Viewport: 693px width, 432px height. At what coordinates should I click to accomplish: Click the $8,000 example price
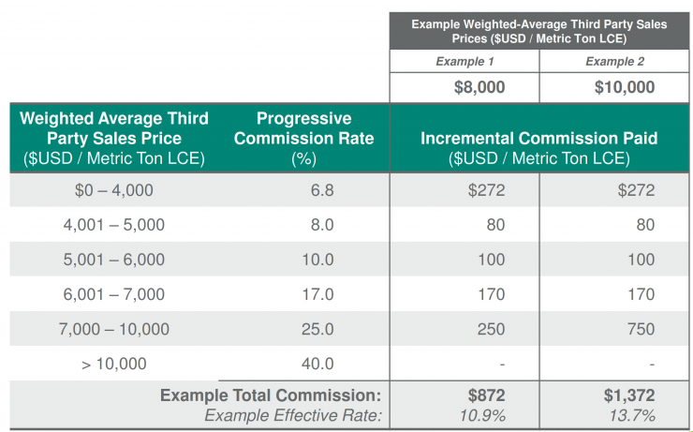(479, 87)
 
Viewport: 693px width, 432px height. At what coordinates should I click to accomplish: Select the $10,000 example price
(625, 87)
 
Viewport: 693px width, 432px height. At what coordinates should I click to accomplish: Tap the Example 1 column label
(464, 62)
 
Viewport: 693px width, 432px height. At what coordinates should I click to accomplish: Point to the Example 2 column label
(614, 62)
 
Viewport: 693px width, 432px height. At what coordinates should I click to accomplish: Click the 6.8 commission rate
(322, 190)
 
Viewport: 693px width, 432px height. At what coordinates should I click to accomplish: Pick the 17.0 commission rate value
(317, 294)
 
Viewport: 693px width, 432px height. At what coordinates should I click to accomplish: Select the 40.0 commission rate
(317, 364)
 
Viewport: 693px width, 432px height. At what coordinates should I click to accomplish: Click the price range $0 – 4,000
(114, 190)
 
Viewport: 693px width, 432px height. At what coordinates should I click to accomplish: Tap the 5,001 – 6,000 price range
(114, 260)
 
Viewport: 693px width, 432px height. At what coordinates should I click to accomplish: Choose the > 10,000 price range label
(114, 364)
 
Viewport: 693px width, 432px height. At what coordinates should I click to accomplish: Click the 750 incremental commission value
(641, 329)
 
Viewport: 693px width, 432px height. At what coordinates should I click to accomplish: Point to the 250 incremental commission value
(491, 329)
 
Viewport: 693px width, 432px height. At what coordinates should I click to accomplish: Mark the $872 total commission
(487, 395)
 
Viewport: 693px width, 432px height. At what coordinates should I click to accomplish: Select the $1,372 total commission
(629, 395)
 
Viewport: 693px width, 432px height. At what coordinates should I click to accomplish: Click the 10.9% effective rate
(482, 416)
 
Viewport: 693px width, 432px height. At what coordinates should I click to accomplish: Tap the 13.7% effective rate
(632, 416)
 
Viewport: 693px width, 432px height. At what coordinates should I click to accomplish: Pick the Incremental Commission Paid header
(539, 138)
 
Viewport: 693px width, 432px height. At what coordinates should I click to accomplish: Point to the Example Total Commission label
(271, 395)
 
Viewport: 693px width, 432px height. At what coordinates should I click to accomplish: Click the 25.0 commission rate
(317, 329)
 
